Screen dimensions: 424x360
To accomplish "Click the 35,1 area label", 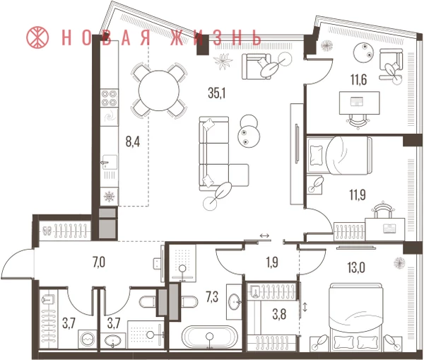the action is tap(217, 93).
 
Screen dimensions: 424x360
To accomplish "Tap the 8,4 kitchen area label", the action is tap(133, 141).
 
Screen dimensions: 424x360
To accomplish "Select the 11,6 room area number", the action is tap(358, 80).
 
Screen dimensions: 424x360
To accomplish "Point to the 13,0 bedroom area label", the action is tap(357, 268).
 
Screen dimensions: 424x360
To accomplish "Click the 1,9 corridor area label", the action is tap(272, 262).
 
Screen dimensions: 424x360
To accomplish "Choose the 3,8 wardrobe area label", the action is tap(279, 315).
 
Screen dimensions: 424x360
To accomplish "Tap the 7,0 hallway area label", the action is tap(99, 262).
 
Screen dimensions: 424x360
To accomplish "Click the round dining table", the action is tap(159, 91).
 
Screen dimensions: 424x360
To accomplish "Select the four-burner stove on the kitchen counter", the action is tap(110, 98).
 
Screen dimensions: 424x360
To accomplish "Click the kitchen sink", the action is tap(110, 163).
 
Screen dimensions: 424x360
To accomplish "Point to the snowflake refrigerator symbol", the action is tap(110, 196).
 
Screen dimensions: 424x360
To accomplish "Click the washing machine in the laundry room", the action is tap(88, 339).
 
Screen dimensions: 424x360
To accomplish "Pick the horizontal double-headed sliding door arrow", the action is tap(264, 236).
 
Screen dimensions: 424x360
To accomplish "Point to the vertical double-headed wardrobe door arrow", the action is tap(305, 307).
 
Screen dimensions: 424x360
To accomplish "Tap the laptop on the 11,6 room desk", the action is tap(358, 102).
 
